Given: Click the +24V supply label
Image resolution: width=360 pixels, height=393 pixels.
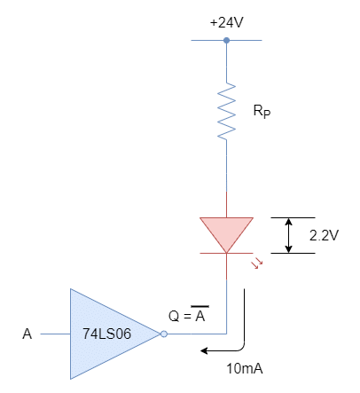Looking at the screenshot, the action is tap(227, 22).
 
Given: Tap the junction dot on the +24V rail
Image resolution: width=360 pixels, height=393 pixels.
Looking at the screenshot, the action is tap(226, 40).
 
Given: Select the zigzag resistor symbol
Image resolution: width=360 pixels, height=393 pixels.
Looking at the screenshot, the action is tap(227, 112).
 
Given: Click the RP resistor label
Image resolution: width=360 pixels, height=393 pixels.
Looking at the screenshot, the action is tap(262, 111).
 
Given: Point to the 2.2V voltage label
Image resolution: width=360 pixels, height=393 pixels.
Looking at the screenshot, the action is tap(324, 235).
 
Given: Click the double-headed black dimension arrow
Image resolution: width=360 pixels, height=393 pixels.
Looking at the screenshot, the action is tap(289, 235).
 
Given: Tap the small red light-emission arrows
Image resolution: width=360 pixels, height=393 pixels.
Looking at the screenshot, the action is tap(257, 263).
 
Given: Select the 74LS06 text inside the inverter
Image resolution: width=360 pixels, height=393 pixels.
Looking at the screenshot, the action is tap(106, 334).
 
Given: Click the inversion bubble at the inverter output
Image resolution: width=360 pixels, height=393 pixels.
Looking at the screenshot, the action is tap(164, 334).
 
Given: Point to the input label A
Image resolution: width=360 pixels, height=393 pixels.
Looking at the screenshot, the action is tap(27, 334).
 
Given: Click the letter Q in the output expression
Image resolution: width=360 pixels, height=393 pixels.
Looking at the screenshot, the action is tap(174, 316).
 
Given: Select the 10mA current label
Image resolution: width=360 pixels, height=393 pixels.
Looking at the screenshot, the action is tap(245, 369).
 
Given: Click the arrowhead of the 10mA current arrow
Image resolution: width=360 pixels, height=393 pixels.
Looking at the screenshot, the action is tap(204, 351).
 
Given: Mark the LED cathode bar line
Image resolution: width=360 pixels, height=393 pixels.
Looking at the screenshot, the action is tap(226, 253).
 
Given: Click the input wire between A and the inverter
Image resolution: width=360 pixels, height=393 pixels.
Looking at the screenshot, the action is tap(55, 334).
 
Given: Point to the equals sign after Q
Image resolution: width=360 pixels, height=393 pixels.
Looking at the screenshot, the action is tap(187, 317).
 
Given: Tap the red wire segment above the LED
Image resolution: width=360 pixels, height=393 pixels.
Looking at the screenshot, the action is tap(226, 204).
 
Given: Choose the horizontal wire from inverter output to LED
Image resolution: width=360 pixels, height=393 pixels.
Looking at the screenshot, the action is tap(197, 334).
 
